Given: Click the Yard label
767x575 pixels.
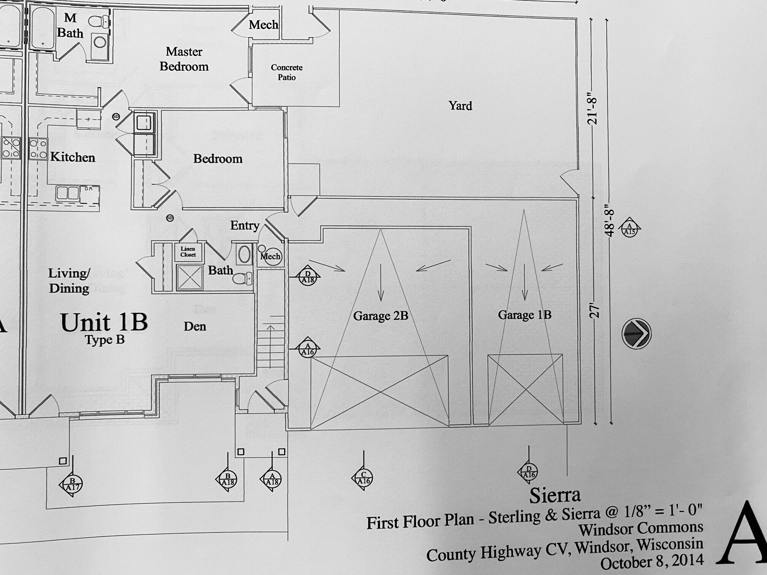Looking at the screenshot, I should pos(460,106).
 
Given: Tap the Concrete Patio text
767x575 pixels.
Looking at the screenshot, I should pos(286,72).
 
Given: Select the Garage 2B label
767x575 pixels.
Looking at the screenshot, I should pos(380,316).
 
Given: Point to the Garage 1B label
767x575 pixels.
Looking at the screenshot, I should pos(524,315).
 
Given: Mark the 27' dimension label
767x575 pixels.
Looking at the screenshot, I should pos(594,311).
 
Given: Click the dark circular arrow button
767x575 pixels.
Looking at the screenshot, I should pos(636,334).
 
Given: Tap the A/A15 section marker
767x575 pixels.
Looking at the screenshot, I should pos(629,229).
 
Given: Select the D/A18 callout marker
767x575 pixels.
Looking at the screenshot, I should pos(307,276).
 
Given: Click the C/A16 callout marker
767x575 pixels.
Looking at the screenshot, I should pos(363,478).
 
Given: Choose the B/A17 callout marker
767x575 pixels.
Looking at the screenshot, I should pos(72,484).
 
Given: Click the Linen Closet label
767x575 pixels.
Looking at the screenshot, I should pos(188,252).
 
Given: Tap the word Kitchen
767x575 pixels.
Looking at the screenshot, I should pos(73,157).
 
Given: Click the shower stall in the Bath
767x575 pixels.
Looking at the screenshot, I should pos(189,277).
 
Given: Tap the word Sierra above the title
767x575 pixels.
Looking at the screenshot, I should pos(555,495).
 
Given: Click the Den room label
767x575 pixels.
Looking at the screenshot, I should pos(195,326).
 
